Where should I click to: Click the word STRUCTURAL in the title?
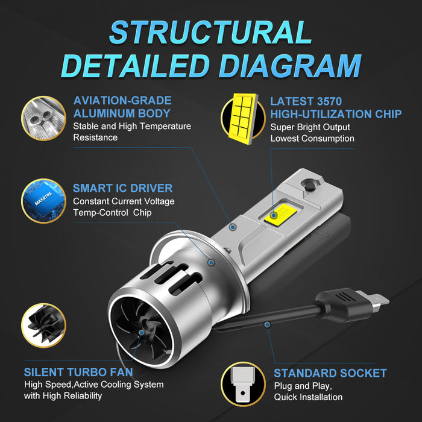click(x=210, y=33)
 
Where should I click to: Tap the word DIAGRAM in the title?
click(x=290, y=66)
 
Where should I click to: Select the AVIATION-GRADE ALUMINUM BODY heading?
click(x=122, y=107)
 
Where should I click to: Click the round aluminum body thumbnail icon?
click(x=43, y=118)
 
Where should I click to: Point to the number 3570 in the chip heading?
click(x=329, y=101)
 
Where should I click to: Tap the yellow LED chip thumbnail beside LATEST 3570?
click(x=243, y=118)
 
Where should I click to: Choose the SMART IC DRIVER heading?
click(x=123, y=188)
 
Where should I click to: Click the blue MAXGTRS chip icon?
click(x=43, y=201)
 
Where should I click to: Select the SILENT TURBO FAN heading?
click(x=78, y=372)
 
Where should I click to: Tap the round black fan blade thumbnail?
click(x=43, y=326)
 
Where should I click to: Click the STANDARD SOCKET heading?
click(x=330, y=373)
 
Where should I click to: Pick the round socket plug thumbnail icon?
click(x=243, y=385)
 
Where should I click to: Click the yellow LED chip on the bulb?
click(x=280, y=215)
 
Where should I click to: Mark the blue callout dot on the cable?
click(x=267, y=325)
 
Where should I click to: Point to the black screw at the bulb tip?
click(x=310, y=186)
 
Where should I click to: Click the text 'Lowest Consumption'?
click(x=312, y=138)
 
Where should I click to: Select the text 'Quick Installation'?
click(x=308, y=397)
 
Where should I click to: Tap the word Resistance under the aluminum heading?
click(x=95, y=137)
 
